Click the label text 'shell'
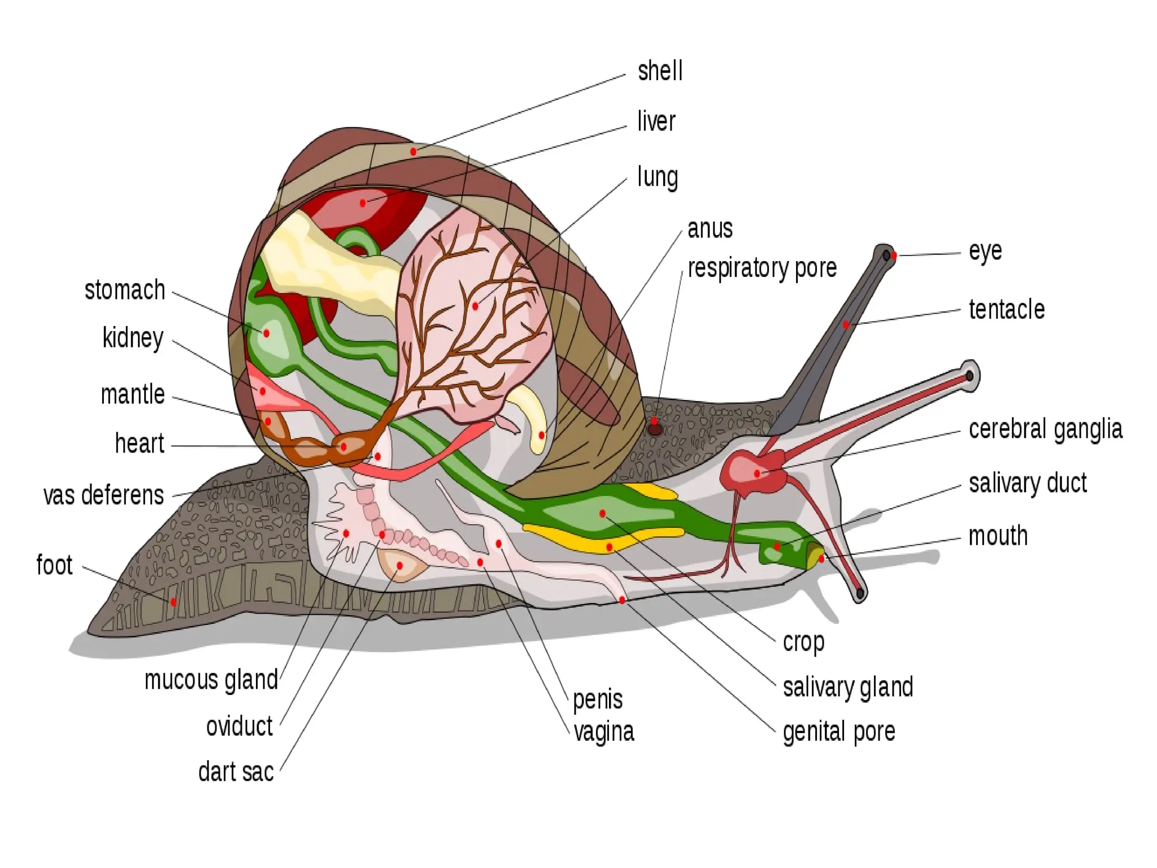tap(660, 71)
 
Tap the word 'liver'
tap(656, 121)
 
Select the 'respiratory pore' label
tap(762, 268)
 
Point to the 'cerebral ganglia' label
tap(1045, 429)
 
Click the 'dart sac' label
tap(236, 772)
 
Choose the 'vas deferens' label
tap(103, 495)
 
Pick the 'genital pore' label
tap(839, 732)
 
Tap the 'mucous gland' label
tap(211, 680)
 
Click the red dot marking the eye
tap(894, 255)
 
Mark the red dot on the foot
tap(173, 602)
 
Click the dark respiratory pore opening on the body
tap(654, 429)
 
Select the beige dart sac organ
tap(400, 566)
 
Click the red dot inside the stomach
tap(266, 333)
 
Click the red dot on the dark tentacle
tap(846, 324)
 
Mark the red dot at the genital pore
tap(622, 600)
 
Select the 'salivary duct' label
tap(1028, 484)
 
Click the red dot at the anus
tap(541, 435)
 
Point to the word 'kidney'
tap(133, 338)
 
